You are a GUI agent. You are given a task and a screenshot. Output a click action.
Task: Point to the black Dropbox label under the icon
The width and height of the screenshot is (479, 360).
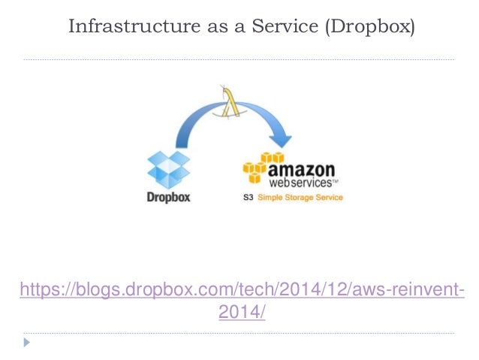pos(169,198)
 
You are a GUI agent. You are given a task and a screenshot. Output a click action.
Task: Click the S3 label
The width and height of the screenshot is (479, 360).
pos(249,198)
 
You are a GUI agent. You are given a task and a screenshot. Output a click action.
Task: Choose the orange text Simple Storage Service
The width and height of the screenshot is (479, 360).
pos(301,198)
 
